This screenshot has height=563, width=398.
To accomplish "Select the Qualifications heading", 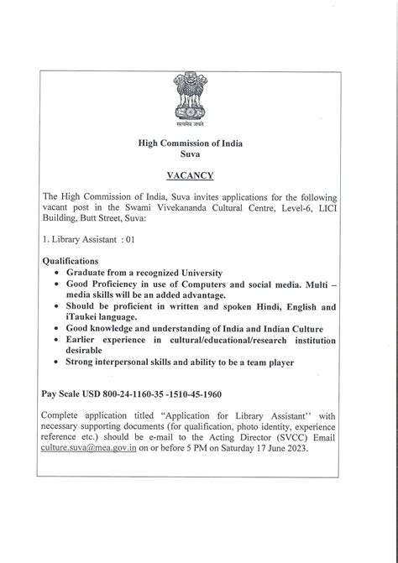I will click(70, 261).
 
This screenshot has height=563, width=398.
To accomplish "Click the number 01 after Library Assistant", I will click(129, 239).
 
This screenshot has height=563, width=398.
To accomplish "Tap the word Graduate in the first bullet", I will click(88, 273).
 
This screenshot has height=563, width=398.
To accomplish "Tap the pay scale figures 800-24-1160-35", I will click(164, 394).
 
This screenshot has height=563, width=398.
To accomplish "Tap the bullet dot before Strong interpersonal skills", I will click(55, 362).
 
